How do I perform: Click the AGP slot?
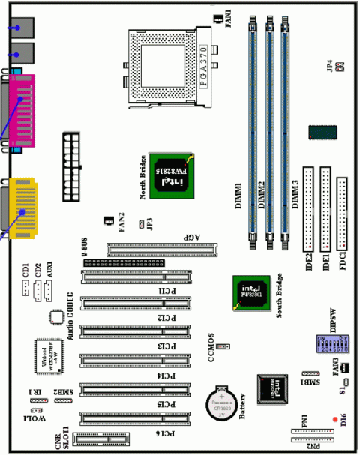[x=161, y=248]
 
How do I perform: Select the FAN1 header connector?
[x=217, y=17]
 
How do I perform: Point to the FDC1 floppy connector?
[x=342, y=214]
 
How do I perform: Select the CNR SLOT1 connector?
[x=102, y=439]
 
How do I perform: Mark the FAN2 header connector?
[x=109, y=221]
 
